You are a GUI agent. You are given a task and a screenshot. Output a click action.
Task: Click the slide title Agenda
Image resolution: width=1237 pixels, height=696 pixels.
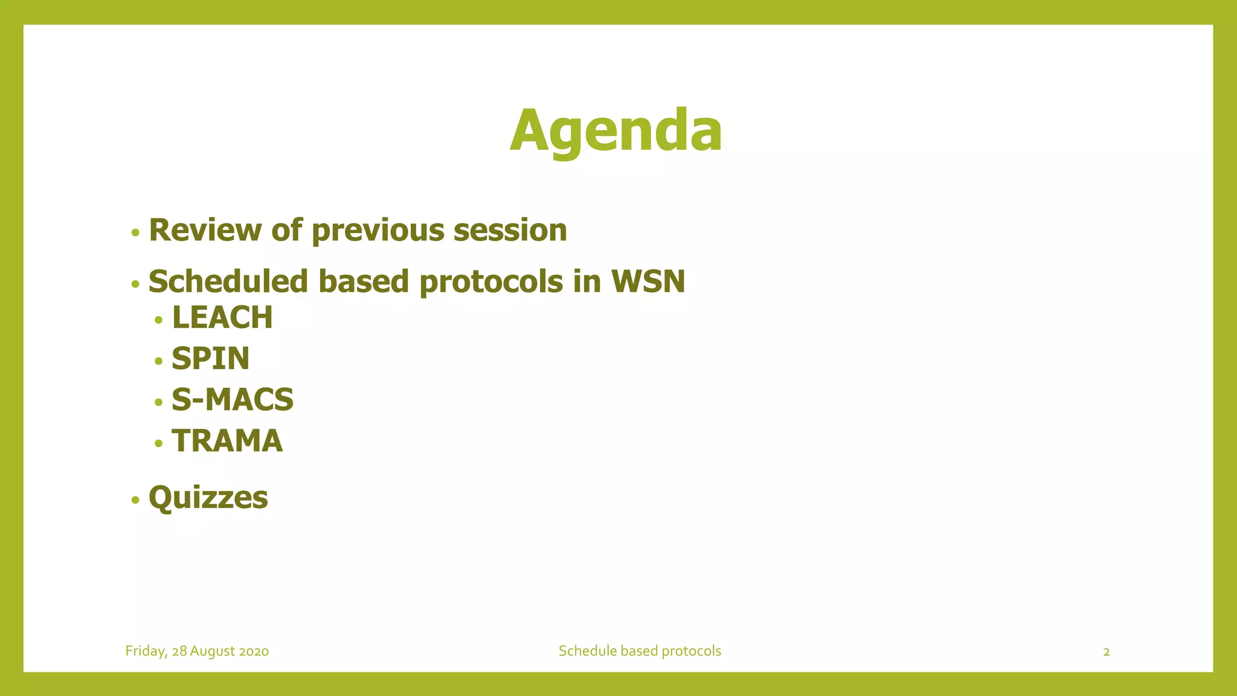click(x=615, y=130)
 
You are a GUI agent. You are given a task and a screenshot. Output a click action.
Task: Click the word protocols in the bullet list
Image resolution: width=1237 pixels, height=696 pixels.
click(x=490, y=283)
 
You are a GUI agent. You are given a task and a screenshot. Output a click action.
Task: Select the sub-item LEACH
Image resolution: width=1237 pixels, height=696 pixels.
click(x=222, y=318)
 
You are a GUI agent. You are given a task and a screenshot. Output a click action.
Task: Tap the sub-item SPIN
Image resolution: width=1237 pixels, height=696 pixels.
click(x=210, y=359)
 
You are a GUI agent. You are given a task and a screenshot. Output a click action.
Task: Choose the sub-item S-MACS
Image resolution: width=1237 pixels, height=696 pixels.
click(x=233, y=400)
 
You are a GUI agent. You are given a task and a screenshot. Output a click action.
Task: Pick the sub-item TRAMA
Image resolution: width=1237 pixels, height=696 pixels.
click(x=227, y=441)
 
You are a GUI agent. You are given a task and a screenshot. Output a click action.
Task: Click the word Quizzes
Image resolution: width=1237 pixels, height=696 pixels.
click(x=208, y=498)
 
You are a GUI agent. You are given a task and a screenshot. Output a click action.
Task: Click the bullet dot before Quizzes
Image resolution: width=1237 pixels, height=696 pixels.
click(x=135, y=500)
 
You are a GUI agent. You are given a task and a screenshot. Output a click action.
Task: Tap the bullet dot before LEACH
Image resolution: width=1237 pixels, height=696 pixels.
click(x=159, y=320)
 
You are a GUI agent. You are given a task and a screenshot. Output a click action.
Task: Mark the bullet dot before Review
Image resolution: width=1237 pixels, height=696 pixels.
click(x=135, y=233)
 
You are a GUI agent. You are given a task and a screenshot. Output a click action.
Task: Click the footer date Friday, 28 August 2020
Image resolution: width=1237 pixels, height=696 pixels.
click(x=197, y=651)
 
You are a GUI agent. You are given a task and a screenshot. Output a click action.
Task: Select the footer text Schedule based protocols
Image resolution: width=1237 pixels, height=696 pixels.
click(x=640, y=651)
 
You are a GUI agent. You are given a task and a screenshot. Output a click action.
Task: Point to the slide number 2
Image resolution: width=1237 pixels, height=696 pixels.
click(x=1106, y=652)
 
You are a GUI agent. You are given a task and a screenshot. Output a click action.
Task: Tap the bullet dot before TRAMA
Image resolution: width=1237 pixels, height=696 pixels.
click(x=159, y=443)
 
